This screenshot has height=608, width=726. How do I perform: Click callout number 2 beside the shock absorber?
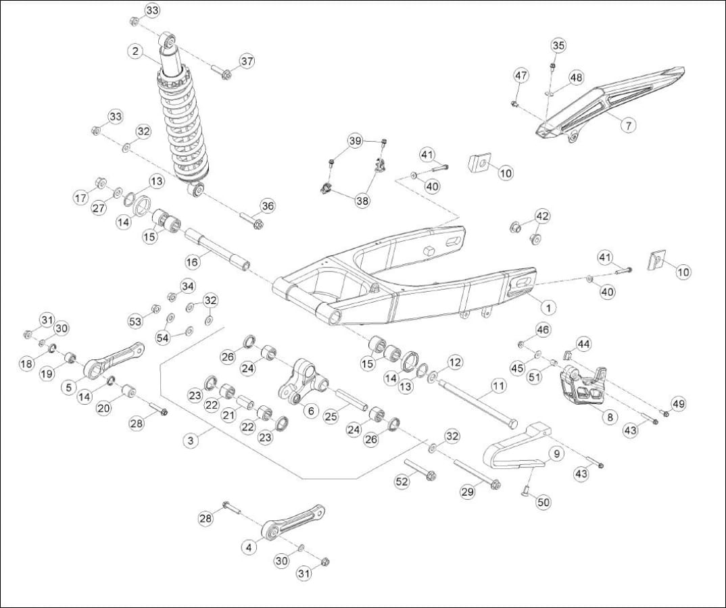(136, 51)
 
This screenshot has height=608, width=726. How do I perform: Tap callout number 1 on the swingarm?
(548, 307)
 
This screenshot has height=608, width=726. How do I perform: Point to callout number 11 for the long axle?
(498, 386)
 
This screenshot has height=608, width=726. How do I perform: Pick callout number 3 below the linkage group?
(191, 440)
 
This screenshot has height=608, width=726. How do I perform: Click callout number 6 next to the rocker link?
(310, 410)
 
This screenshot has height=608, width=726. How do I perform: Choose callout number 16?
(193, 261)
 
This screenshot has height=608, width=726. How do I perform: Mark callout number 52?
(402, 481)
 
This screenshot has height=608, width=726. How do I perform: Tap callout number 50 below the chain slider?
(544, 503)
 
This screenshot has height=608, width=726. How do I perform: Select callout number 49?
(678, 404)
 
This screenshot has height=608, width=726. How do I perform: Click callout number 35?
(558, 45)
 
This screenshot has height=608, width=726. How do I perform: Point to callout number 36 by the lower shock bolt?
(268, 206)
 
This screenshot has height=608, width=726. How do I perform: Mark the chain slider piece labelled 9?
(514, 449)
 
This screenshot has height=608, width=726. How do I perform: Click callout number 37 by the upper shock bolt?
(247, 61)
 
